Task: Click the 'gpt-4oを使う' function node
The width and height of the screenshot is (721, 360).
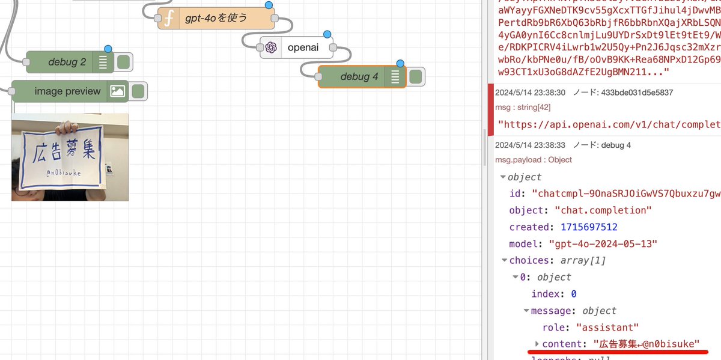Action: [x=216, y=19]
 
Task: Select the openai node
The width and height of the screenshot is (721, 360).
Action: [x=302, y=47]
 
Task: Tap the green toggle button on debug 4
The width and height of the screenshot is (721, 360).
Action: [x=415, y=77]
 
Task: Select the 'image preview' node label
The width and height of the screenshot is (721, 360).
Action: [x=67, y=91]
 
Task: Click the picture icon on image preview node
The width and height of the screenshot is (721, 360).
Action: [x=117, y=91]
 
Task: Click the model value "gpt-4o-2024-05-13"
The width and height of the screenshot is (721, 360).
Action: [x=603, y=244]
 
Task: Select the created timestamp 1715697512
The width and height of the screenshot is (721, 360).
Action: [x=589, y=227]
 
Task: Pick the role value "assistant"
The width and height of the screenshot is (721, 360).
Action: [x=607, y=328]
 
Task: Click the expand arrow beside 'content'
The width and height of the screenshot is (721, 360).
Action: [x=537, y=344]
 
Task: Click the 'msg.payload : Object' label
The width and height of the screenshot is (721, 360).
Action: [x=533, y=160]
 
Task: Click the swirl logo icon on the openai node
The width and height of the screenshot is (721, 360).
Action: [x=271, y=47]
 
